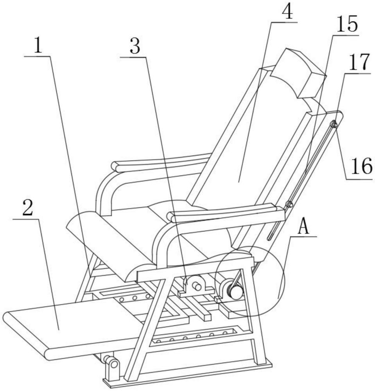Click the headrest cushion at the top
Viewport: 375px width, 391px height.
(303, 72)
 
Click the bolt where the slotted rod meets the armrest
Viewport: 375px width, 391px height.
(289, 204)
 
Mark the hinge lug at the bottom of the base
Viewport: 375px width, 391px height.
(113, 366)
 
